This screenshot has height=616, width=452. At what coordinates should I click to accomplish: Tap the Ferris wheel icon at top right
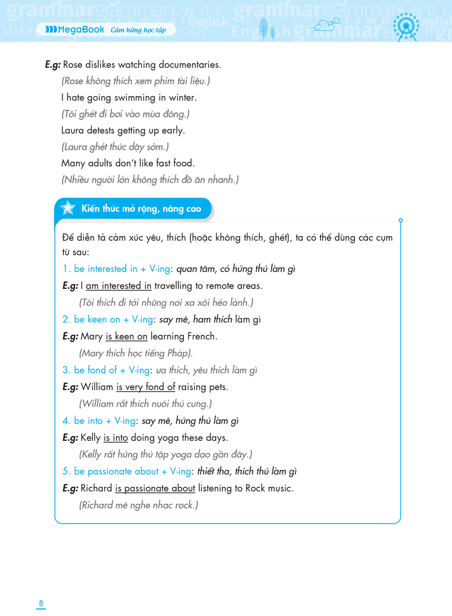406,26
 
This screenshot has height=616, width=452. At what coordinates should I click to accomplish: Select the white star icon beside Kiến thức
67,208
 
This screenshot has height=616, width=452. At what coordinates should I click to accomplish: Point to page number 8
41,603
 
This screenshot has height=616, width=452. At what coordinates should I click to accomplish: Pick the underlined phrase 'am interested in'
119,285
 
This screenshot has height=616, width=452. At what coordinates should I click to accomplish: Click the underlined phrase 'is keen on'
126,336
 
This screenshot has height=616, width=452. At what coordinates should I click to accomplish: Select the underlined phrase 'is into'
116,437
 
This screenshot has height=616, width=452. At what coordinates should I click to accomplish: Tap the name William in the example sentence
97,387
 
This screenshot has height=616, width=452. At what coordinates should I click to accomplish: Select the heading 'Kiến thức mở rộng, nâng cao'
141,209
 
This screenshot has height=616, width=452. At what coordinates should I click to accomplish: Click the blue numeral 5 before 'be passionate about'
65,471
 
